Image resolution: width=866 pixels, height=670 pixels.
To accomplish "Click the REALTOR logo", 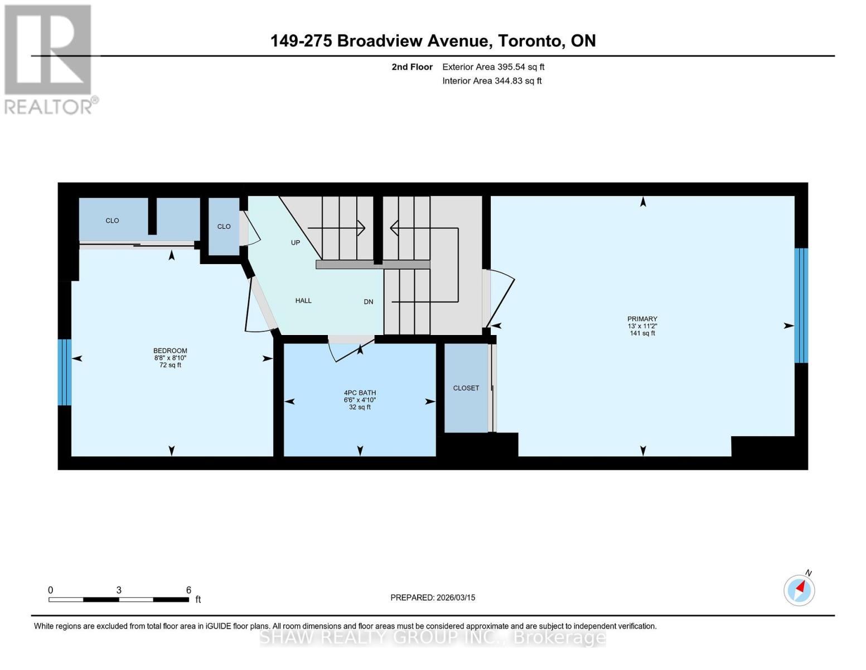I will (49, 59).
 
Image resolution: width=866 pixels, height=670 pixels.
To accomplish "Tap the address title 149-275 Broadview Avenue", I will (433, 41).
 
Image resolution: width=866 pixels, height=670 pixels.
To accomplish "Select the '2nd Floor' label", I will (412, 67).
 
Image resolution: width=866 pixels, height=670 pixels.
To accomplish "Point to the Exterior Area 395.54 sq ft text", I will (493, 67).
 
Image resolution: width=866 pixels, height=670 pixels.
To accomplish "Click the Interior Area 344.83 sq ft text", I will (492, 81).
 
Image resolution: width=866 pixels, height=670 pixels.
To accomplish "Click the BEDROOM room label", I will (171, 351).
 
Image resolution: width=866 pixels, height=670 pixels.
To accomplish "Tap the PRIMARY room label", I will (642, 319).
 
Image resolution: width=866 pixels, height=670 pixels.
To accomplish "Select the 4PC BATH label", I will (360, 393).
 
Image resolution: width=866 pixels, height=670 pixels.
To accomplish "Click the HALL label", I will (303, 301).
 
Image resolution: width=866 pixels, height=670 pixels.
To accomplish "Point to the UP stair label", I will (296, 243).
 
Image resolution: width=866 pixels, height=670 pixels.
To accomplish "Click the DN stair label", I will (368, 302).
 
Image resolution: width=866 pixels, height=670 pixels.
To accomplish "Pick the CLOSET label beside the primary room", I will (466, 388).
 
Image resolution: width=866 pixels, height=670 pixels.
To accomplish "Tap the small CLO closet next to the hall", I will (224, 227).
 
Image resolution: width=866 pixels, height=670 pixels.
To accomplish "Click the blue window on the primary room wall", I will (801, 305).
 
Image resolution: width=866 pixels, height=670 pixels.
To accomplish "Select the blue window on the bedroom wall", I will (65, 372).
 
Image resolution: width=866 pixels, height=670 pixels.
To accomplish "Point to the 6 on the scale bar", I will (188, 590).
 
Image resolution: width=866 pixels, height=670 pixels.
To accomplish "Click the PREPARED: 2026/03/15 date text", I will (433, 597).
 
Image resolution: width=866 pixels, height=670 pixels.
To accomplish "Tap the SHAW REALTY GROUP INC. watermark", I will (433, 638).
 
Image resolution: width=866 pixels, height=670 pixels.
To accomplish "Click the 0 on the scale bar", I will (51, 590).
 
